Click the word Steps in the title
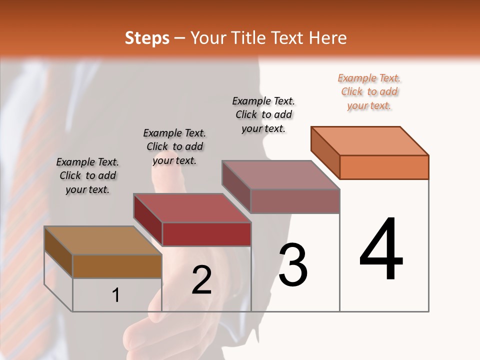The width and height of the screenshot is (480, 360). pos(147,38)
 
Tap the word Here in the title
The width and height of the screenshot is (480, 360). pos(328,38)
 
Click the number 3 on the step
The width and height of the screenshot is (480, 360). pos(293,265)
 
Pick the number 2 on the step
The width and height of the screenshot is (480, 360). pos(202,280)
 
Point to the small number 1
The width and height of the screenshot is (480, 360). pos(116,295)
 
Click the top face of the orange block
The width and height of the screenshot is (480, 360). pos(370,141)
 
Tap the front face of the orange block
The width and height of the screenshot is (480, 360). pos(384,167)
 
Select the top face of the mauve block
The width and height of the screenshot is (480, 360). pos(281,175)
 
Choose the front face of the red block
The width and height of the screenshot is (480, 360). pos(206,234)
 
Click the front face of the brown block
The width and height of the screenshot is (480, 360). pos(117,266)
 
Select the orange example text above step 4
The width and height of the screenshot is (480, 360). pos(369,92)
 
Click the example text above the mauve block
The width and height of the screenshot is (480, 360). pos(264,115)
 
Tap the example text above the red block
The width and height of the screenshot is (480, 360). pos(174,147)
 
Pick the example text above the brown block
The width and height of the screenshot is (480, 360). pos(87,176)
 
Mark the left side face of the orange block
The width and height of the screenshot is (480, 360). pos(325,153)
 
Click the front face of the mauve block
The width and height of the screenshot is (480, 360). pos(295,201)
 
